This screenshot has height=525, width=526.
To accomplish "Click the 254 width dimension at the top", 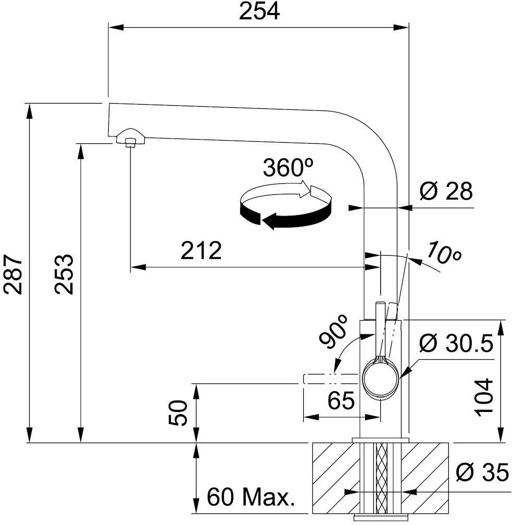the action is (259, 11).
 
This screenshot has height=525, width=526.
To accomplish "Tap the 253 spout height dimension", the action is (64, 274).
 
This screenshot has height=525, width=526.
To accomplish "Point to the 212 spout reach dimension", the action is (201, 250).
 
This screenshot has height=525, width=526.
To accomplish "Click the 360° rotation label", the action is (288, 168).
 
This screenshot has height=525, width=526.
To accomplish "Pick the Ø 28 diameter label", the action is (446, 191).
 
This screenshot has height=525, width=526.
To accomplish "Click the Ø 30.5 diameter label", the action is (456, 343).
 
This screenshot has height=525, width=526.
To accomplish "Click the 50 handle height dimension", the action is (178, 413).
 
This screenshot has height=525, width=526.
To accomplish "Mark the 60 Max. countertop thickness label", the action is (251, 497).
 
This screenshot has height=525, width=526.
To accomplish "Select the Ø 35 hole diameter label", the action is (482, 472).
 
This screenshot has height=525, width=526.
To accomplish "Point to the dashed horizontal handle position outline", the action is (330, 379).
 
